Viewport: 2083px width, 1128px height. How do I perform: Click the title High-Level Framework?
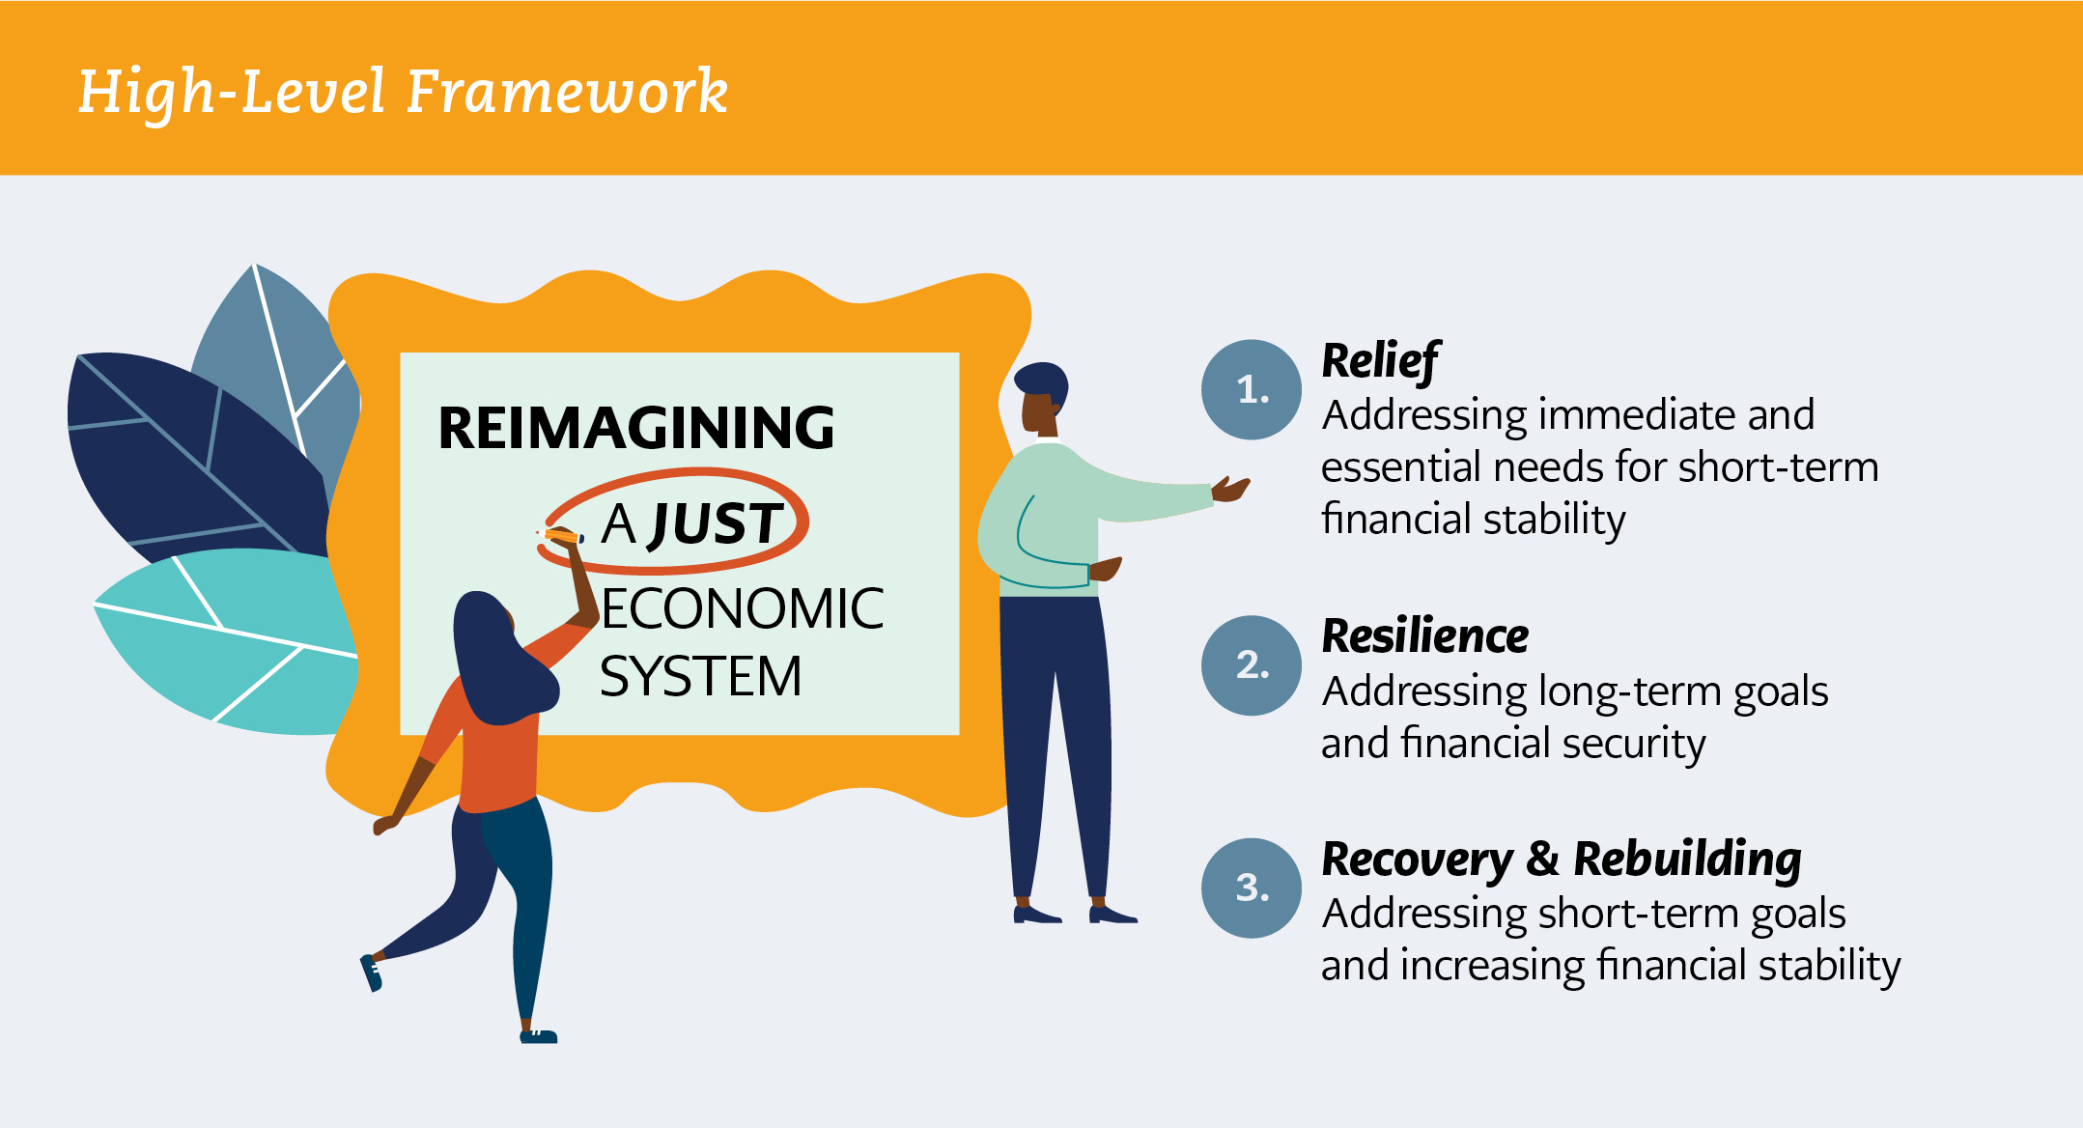(x=403, y=93)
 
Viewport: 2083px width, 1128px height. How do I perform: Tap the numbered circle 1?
(x=1252, y=389)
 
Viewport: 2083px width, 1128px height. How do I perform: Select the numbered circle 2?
(x=1252, y=665)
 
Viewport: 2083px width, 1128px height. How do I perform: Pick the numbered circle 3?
(x=1252, y=888)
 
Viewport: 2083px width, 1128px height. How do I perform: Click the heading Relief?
(x=1380, y=362)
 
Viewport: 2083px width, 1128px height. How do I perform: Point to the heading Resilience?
(x=1425, y=636)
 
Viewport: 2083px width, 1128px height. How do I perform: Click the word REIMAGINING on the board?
(x=636, y=428)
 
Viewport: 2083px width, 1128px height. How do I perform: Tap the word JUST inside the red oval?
(x=715, y=524)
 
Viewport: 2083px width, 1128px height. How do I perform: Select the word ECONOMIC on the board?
(x=742, y=608)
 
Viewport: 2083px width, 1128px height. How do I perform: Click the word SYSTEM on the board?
(x=701, y=676)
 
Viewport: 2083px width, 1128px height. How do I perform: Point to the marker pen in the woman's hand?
(x=560, y=535)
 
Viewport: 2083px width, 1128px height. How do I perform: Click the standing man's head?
(x=1043, y=398)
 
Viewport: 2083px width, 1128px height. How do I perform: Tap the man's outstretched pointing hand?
(x=1230, y=489)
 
